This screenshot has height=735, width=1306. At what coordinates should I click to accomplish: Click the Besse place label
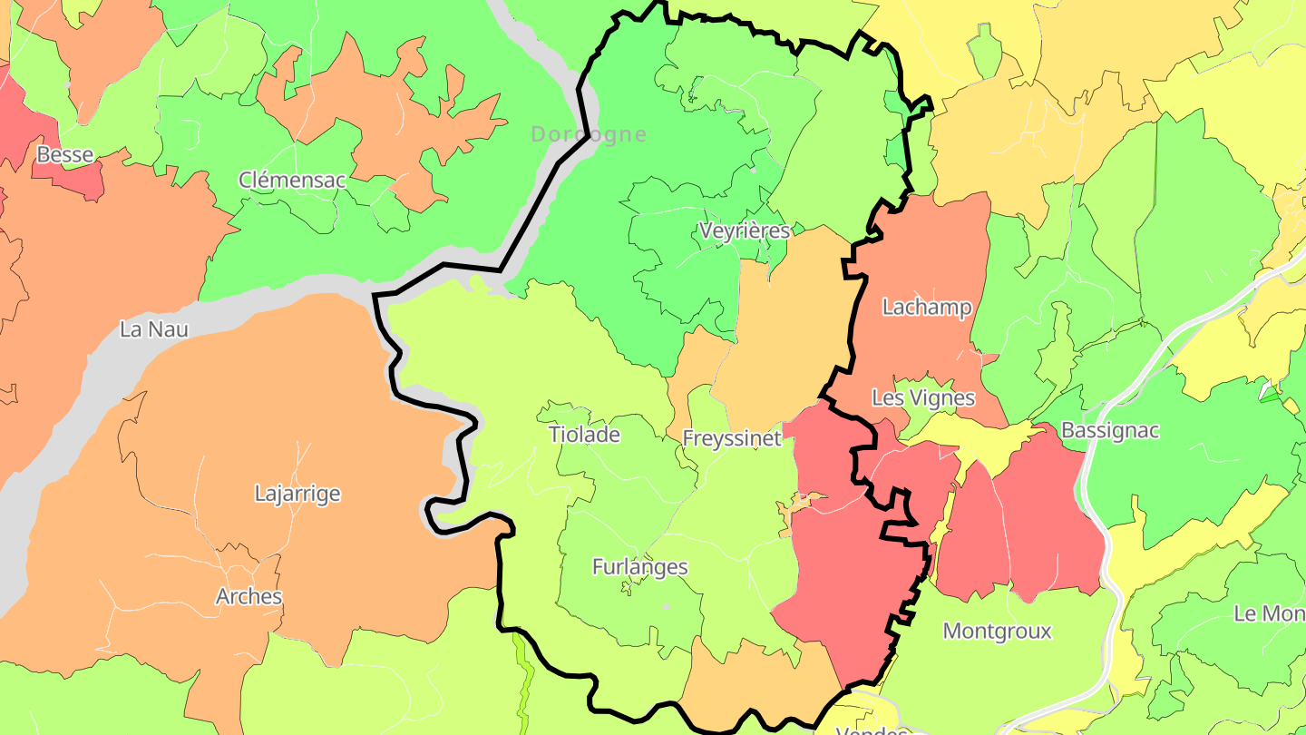[65, 155]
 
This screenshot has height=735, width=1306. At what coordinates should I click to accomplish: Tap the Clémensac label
[292, 180]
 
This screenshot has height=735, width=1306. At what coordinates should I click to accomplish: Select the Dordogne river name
[589, 135]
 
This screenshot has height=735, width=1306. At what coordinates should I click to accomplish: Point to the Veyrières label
[745, 230]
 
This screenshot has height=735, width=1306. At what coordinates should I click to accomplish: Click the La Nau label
[154, 329]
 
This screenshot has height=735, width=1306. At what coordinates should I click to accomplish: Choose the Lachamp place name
[927, 308]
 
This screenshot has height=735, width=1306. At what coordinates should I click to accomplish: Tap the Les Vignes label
[923, 397]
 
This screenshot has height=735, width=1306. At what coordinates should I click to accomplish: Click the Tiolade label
[584, 435]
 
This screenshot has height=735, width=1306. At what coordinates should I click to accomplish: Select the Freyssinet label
[732, 439]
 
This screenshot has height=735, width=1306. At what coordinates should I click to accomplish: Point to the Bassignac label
[1110, 430]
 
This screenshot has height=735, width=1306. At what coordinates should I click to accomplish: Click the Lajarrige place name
[297, 494]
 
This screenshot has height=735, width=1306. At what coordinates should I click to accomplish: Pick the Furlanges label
[640, 567]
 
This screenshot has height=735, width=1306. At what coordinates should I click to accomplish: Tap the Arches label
[249, 597]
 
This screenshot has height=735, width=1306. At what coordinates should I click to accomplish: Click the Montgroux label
[998, 631]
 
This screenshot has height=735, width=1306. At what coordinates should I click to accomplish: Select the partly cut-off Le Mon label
[1270, 613]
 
